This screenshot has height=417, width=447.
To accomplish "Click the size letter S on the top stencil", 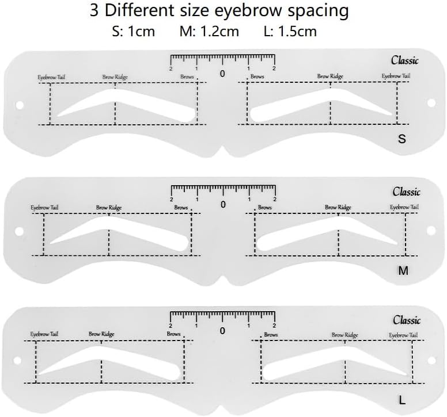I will coord(402,139).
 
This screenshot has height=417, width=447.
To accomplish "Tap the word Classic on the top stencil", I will coord(405,60).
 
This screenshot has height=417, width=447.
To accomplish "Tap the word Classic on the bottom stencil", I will coord(407,320).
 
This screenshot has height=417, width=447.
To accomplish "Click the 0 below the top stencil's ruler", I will coord(223,73).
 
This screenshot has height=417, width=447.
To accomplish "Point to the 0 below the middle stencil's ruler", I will coord(223,204).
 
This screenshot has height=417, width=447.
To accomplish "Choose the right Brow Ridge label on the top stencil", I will coord(330,76).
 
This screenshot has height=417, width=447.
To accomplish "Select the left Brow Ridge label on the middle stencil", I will coord(109,207).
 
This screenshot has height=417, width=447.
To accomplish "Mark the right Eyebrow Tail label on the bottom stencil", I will coord(401,335).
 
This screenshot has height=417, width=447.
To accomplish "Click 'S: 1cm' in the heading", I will coord(134,31).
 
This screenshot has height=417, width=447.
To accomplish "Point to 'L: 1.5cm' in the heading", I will coord(290,31).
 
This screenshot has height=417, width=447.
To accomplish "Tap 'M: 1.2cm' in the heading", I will coord(209,31).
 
